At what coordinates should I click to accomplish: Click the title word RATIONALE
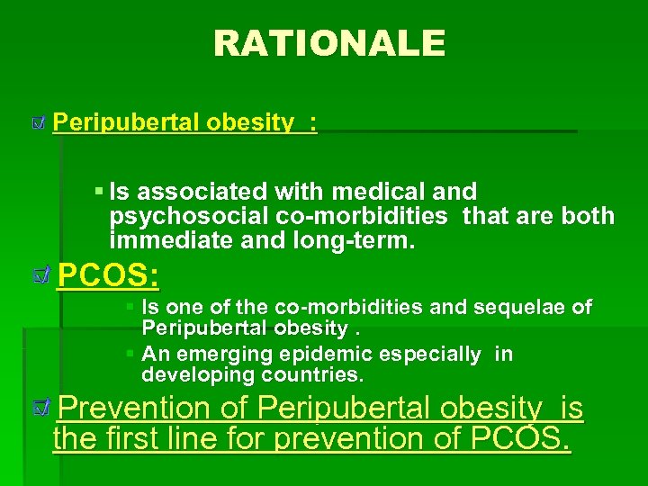pyautogui.click(x=328, y=42)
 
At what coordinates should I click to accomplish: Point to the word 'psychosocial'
pyautogui.click(x=184, y=216)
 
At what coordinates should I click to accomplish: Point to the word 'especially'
pyautogui.click(x=436, y=354)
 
